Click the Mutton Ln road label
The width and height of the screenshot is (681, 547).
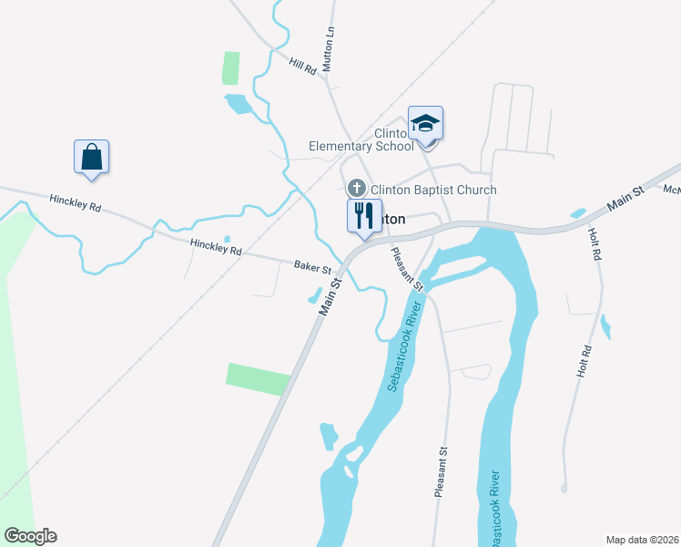click(x=330, y=42)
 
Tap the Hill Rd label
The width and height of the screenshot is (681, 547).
click(x=302, y=66)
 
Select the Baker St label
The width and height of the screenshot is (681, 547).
click(x=311, y=268)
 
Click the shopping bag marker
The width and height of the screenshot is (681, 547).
click(x=91, y=156)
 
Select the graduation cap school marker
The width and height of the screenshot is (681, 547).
click(x=425, y=122)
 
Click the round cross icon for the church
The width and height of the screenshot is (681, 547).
click(x=357, y=189)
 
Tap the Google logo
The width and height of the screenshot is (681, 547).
click(x=30, y=536)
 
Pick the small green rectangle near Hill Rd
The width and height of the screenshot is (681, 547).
click(x=231, y=68)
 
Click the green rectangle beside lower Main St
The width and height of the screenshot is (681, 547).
click(x=258, y=378)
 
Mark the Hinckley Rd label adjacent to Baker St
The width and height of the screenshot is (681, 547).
click(x=216, y=246)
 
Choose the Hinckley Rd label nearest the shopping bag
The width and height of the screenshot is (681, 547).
click(x=76, y=203)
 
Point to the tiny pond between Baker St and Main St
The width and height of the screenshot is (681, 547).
click(x=315, y=295)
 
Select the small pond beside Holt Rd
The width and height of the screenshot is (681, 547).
click(x=605, y=325)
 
